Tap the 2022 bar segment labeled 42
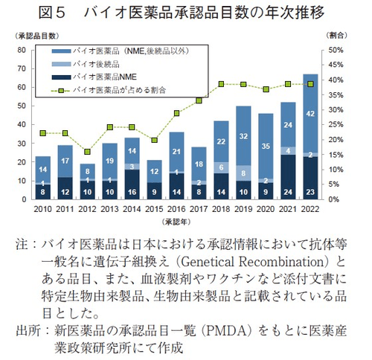click(310, 113)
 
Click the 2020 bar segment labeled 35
click(264, 147)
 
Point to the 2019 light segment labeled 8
click(242, 173)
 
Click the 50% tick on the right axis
click(336, 50)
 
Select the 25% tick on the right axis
click(336, 125)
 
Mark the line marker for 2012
click(88, 152)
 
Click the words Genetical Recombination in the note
click(266, 263)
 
